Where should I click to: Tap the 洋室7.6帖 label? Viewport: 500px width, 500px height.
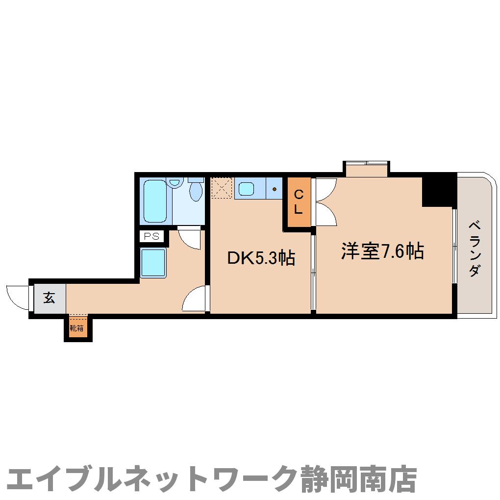[382, 251]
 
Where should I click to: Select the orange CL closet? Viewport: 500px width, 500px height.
[299, 202]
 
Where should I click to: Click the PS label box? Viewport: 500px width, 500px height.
[151, 236]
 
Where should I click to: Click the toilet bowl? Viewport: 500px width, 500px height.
[196, 191]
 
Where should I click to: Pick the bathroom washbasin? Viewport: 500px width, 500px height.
[174, 183]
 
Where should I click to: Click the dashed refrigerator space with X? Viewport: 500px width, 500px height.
[222, 188]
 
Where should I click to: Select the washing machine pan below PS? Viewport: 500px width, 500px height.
[153, 262]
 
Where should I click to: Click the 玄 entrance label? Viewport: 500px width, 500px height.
[49, 298]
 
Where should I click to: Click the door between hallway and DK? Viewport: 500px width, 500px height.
[195, 299]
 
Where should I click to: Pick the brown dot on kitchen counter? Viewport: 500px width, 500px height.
[275, 189]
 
